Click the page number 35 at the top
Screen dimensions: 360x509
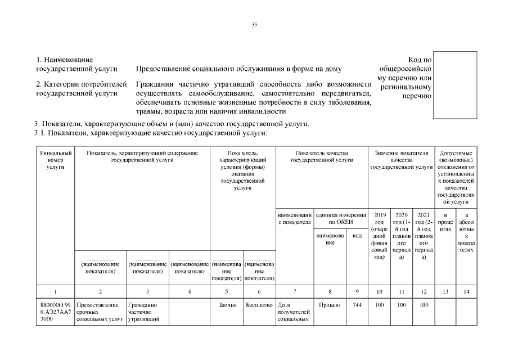coord(254,24)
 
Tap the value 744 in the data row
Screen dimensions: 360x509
coord(357,305)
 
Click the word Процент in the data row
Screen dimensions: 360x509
coord(330,305)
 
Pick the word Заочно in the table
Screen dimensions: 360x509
coord(227,305)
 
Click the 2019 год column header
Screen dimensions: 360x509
coord(379,236)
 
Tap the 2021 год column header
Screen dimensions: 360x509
coord(424,236)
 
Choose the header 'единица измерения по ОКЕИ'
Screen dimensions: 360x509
coord(341,218)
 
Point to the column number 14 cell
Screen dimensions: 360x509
coord(466,291)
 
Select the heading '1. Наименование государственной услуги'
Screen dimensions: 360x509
coord(76,64)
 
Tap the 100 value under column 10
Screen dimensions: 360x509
coord(379,305)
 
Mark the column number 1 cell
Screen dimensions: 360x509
coord(55,291)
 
